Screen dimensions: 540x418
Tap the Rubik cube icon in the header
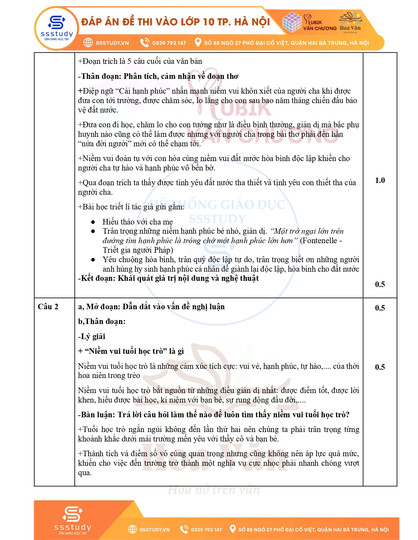tap(291, 22)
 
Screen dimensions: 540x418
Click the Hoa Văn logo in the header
tap(350, 22)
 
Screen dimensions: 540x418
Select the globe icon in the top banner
tap(88, 43)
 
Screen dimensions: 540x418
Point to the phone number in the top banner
tap(169, 43)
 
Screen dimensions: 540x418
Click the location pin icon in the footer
tap(232, 529)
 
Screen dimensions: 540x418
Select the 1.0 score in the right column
tap(380, 180)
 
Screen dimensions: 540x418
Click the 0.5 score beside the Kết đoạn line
tap(380, 284)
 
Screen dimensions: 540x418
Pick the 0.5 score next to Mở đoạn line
tap(380, 308)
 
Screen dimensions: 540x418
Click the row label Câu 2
tap(48, 307)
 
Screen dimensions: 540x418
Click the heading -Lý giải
tap(91, 336)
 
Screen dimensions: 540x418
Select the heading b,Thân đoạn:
tap(102, 321)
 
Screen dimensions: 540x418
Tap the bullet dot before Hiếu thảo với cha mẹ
tap(93, 222)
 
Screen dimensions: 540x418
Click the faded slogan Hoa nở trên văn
tap(214, 490)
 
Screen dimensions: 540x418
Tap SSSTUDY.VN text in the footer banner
tap(154, 530)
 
